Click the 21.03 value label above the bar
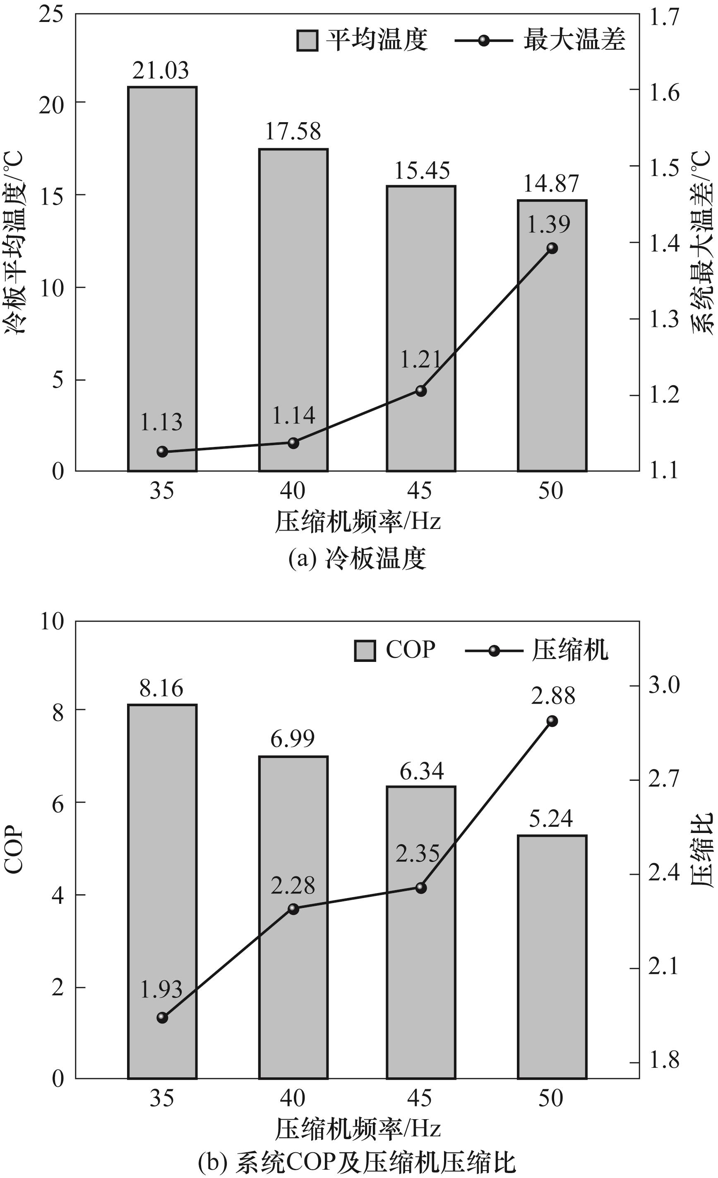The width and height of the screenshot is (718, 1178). point(161,71)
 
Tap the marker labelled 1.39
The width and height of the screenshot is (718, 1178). point(552,248)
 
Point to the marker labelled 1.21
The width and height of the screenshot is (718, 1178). point(421,391)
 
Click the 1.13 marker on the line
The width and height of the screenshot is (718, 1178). point(162,451)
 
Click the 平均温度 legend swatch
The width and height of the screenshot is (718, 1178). point(307,40)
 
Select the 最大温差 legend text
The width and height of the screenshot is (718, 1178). point(574,39)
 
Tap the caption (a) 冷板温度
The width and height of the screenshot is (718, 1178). point(357,558)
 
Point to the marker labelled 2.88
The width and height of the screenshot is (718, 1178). point(552,721)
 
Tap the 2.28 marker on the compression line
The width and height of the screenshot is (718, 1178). point(293,909)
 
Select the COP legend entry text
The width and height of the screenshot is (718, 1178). point(411,650)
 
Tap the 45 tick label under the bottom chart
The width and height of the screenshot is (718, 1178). point(420,1098)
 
